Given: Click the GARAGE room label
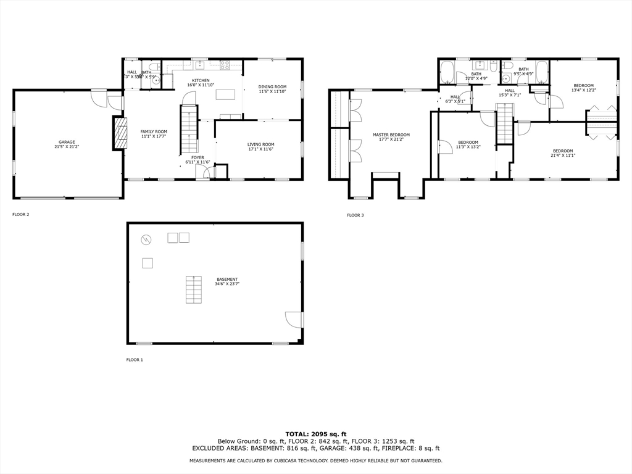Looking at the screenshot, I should click(67, 142).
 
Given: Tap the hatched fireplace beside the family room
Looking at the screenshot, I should click(120, 133).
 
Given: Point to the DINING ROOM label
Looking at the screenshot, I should click(272, 86).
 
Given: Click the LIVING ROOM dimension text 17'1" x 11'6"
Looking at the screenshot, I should click(261, 149).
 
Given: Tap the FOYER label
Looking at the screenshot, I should click(197, 157).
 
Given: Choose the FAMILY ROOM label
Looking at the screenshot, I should click(154, 131).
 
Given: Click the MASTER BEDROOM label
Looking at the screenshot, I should click(391, 135).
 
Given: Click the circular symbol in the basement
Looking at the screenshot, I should click(146, 239).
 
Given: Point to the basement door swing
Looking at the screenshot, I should click(294, 320).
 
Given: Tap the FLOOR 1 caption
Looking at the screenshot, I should click(135, 360).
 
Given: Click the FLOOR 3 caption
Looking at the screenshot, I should click(355, 215).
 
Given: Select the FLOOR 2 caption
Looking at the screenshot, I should click(21, 215).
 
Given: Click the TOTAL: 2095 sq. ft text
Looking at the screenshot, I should click(315, 434).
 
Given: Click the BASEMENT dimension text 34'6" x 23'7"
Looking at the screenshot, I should click(227, 284).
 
